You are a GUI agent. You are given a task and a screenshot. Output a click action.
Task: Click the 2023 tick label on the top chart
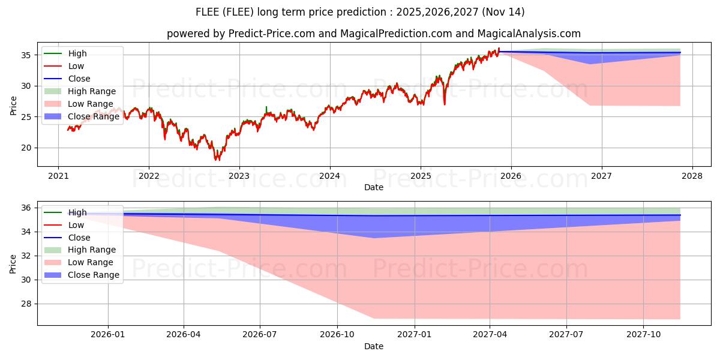point(239,176)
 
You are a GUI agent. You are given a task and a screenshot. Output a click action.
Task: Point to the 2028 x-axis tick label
point(692,176)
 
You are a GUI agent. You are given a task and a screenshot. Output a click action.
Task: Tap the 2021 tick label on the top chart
point(58,176)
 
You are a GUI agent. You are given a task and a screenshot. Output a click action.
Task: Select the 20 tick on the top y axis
point(26,148)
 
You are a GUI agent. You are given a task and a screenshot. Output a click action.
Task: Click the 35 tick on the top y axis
point(26,55)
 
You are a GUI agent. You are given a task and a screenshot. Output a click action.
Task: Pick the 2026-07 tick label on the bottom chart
point(260,335)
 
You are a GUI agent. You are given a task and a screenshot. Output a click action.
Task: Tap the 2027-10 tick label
point(643,335)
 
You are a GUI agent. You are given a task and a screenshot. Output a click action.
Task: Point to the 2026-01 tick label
point(107,335)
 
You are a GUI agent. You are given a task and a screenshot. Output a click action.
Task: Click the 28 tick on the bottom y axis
point(26,304)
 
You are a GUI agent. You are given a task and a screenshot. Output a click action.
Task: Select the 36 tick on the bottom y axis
point(26,208)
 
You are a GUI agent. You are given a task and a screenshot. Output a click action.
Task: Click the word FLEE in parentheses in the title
point(238,12)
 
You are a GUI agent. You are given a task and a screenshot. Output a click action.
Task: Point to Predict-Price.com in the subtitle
point(272,34)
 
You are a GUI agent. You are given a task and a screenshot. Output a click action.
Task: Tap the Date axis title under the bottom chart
point(373,347)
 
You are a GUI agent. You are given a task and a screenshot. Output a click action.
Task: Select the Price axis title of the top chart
point(13,106)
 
